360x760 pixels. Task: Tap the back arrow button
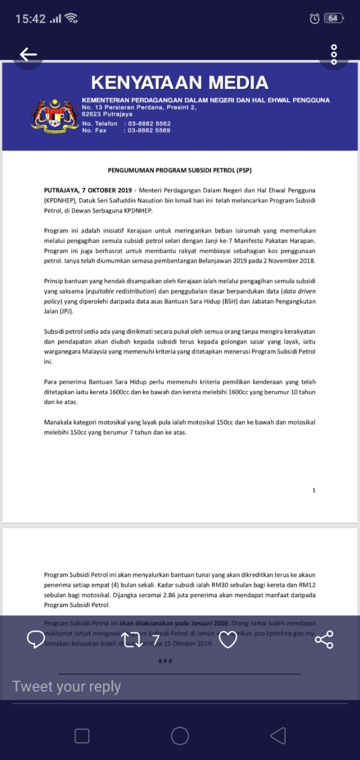tap(28, 54)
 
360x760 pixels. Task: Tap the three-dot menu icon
tap(334, 54)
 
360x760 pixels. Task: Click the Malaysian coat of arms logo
tap(55, 115)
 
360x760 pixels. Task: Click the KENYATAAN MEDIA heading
tap(179, 83)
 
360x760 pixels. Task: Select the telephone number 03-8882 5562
tap(149, 124)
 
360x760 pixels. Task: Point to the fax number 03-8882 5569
tap(149, 131)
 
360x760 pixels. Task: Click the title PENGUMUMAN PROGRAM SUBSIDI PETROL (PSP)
tap(180, 170)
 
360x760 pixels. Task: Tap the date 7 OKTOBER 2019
tap(107, 190)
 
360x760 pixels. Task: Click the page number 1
tap(314, 490)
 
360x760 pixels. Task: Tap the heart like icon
tap(228, 640)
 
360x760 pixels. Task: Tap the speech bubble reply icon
tap(36, 640)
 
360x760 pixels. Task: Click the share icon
tap(324, 640)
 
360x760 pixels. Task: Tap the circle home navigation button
tap(180, 736)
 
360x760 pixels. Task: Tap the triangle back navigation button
tap(278, 736)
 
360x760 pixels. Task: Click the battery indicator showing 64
tap(333, 18)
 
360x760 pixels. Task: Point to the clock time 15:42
tap(30, 19)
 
